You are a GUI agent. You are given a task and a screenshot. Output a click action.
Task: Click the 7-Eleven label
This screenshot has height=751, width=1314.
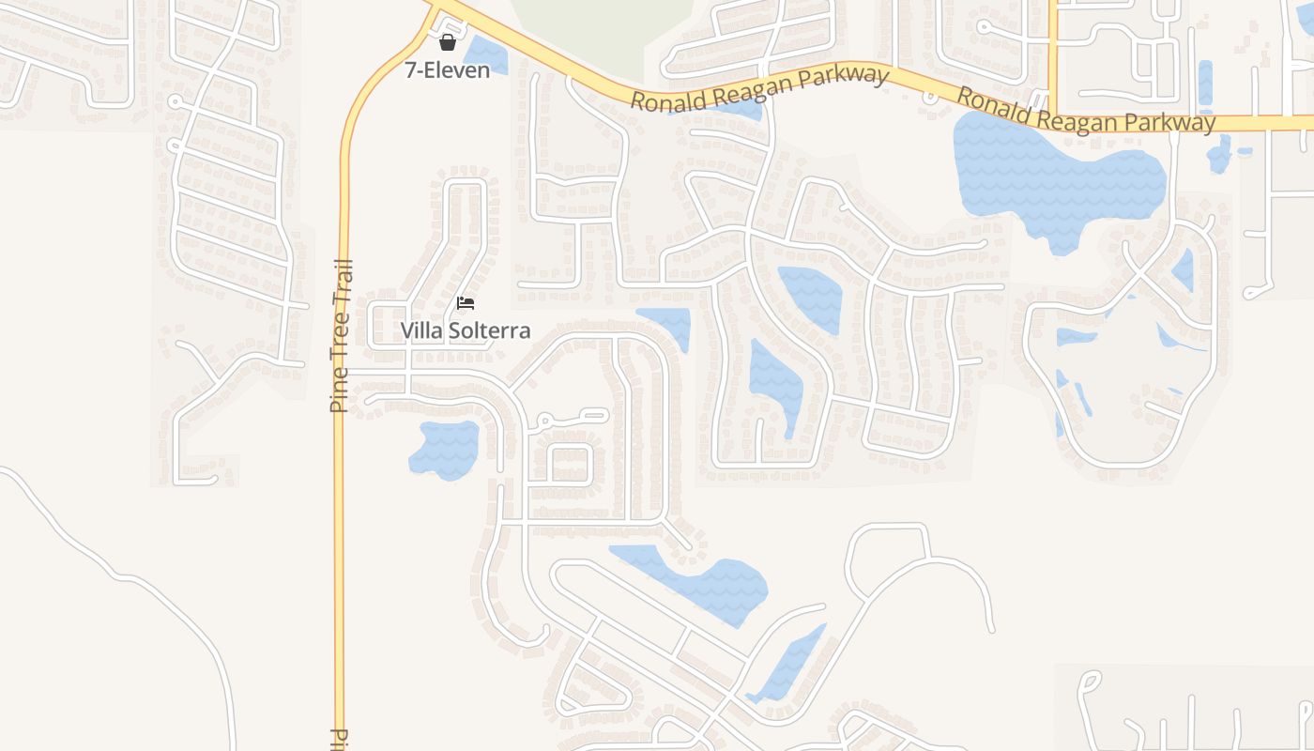(448, 69)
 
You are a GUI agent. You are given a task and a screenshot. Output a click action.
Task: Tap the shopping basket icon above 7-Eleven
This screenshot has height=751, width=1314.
(448, 41)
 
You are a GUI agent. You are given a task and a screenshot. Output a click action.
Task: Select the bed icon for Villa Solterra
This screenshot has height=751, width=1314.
(466, 302)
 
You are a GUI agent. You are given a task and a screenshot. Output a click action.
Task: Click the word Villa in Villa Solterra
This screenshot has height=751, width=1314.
(421, 330)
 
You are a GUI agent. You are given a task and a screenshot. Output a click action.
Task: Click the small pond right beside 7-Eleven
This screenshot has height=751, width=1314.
(485, 54)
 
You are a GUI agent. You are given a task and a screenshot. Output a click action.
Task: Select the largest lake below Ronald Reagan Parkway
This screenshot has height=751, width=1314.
(1051, 174)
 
